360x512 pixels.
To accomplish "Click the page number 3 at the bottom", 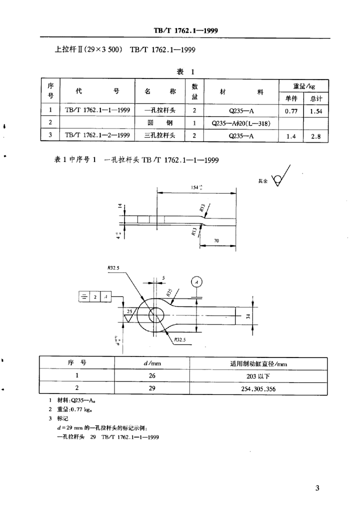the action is click(317, 488).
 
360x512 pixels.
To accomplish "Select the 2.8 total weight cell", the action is click(316, 135).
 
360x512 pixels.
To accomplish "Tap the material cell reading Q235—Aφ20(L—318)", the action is click(241, 123).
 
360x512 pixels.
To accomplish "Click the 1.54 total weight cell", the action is click(316, 111).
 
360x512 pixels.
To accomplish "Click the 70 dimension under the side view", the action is click(216, 241).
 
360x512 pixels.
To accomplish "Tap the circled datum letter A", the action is click(197, 282).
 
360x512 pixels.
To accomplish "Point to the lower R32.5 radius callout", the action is click(180, 340).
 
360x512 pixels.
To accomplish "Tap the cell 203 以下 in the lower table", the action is click(258, 375).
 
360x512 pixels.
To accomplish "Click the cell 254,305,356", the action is click(258, 388).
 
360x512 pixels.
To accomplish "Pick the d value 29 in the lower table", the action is click(152, 388).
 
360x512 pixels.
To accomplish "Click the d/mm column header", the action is click(152, 363).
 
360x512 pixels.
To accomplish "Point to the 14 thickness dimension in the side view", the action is click(120, 205).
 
